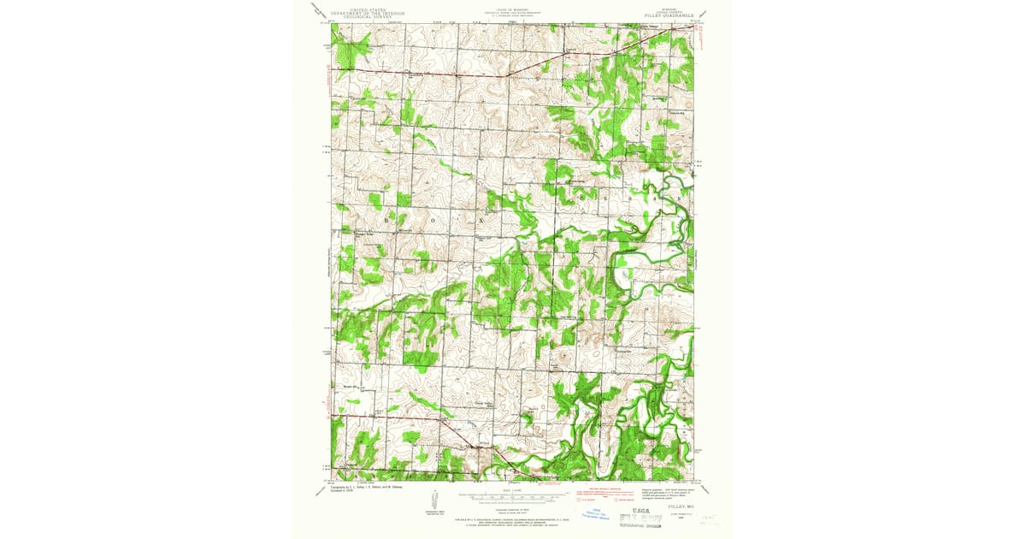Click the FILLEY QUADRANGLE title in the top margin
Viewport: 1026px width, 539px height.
coord(669,14)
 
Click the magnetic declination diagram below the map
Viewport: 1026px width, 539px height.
coord(435,500)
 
